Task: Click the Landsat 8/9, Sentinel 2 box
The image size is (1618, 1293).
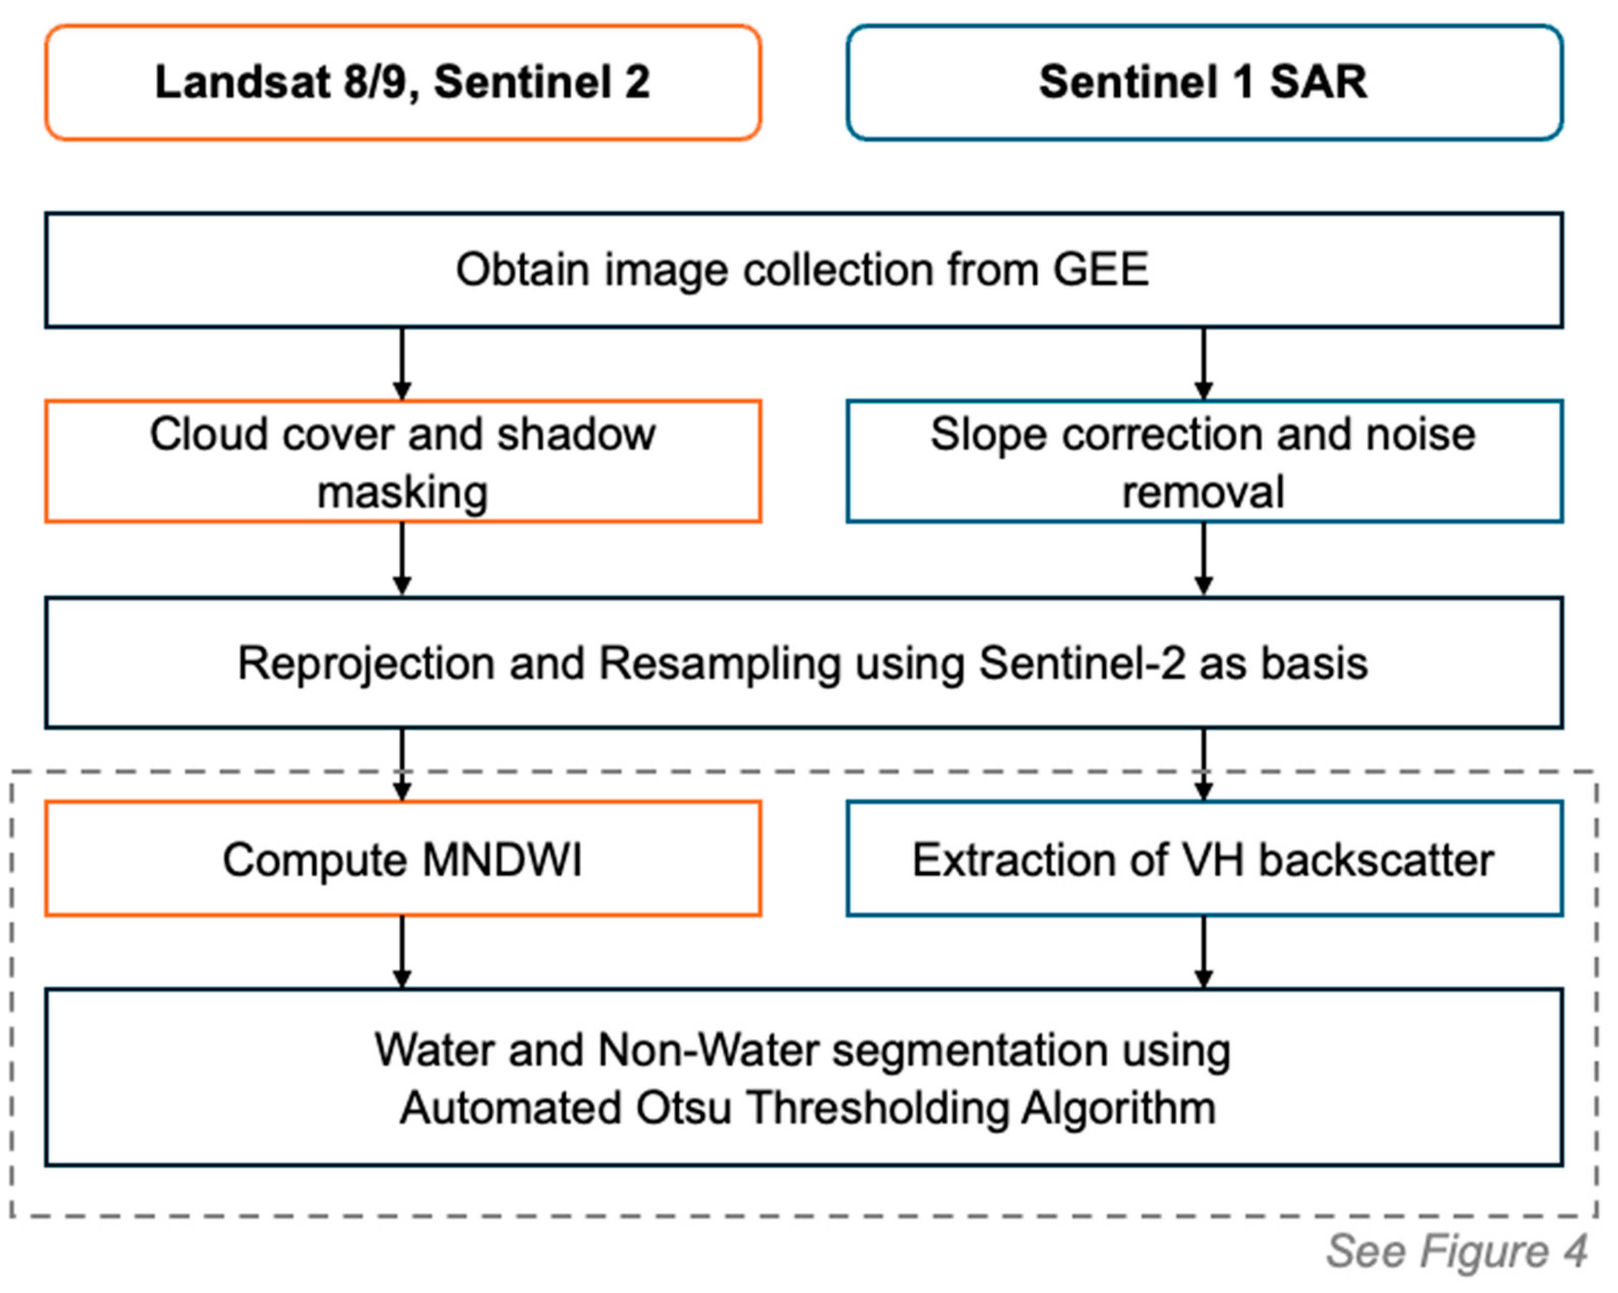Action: coord(403,82)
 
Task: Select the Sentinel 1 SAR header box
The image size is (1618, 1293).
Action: coord(1204,82)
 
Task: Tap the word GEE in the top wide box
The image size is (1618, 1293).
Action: coord(1100,270)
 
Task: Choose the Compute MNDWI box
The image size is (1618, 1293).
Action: coord(403,859)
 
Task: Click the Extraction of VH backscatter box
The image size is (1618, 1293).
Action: coord(1204,859)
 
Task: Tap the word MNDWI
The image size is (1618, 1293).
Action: coord(501,860)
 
